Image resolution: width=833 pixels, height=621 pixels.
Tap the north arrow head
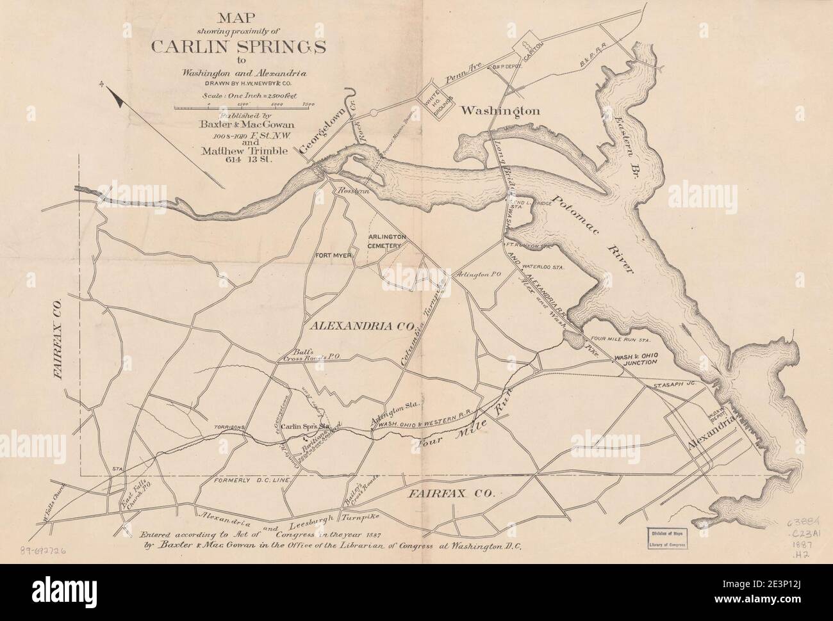pos(115,97)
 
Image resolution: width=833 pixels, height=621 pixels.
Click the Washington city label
pos(500,111)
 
